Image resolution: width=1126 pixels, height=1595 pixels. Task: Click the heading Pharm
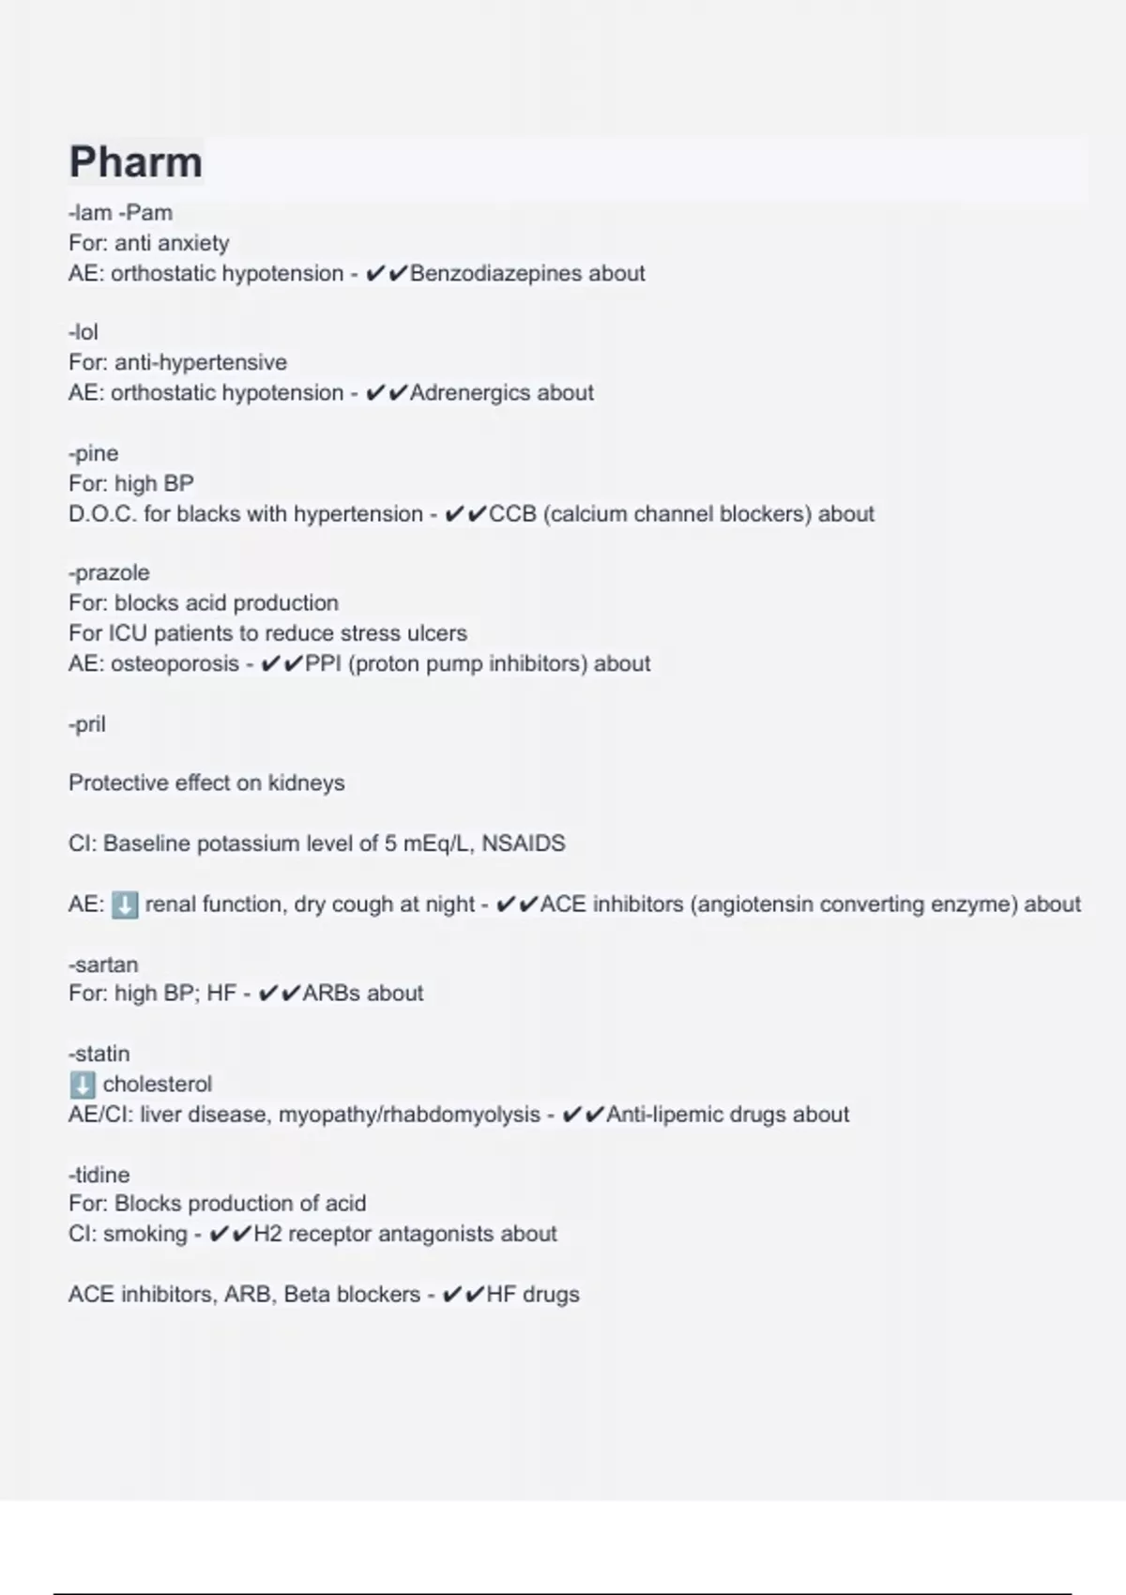pyautogui.click(x=135, y=162)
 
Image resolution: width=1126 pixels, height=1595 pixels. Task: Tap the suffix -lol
pyautogui.click(x=84, y=332)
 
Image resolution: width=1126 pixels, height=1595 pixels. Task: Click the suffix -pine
pyautogui.click(x=94, y=453)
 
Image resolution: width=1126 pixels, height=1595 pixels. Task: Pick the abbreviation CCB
pyautogui.click(x=512, y=514)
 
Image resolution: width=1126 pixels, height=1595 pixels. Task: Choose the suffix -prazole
pyautogui.click(x=109, y=572)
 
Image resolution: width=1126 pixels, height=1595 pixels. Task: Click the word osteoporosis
pyautogui.click(x=175, y=664)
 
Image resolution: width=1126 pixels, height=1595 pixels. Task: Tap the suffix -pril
pyautogui.click(x=87, y=724)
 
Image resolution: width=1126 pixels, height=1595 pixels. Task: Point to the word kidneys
pyautogui.click(x=307, y=783)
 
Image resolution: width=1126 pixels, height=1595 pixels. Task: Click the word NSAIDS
pyautogui.click(x=524, y=843)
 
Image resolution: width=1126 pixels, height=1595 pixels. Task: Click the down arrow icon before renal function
pyautogui.click(x=124, y=904)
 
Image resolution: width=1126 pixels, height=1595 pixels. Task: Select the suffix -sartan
pyautogui.click(x=103, y=965)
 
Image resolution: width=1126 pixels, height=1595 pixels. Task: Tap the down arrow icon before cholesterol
pyautogui.click(x=83, y=1085)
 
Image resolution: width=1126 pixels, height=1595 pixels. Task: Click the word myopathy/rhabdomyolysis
pyautogui.click(x=409, y=1115)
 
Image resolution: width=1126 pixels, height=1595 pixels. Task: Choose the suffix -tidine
pyautogui.click(x=99, y=1175)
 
